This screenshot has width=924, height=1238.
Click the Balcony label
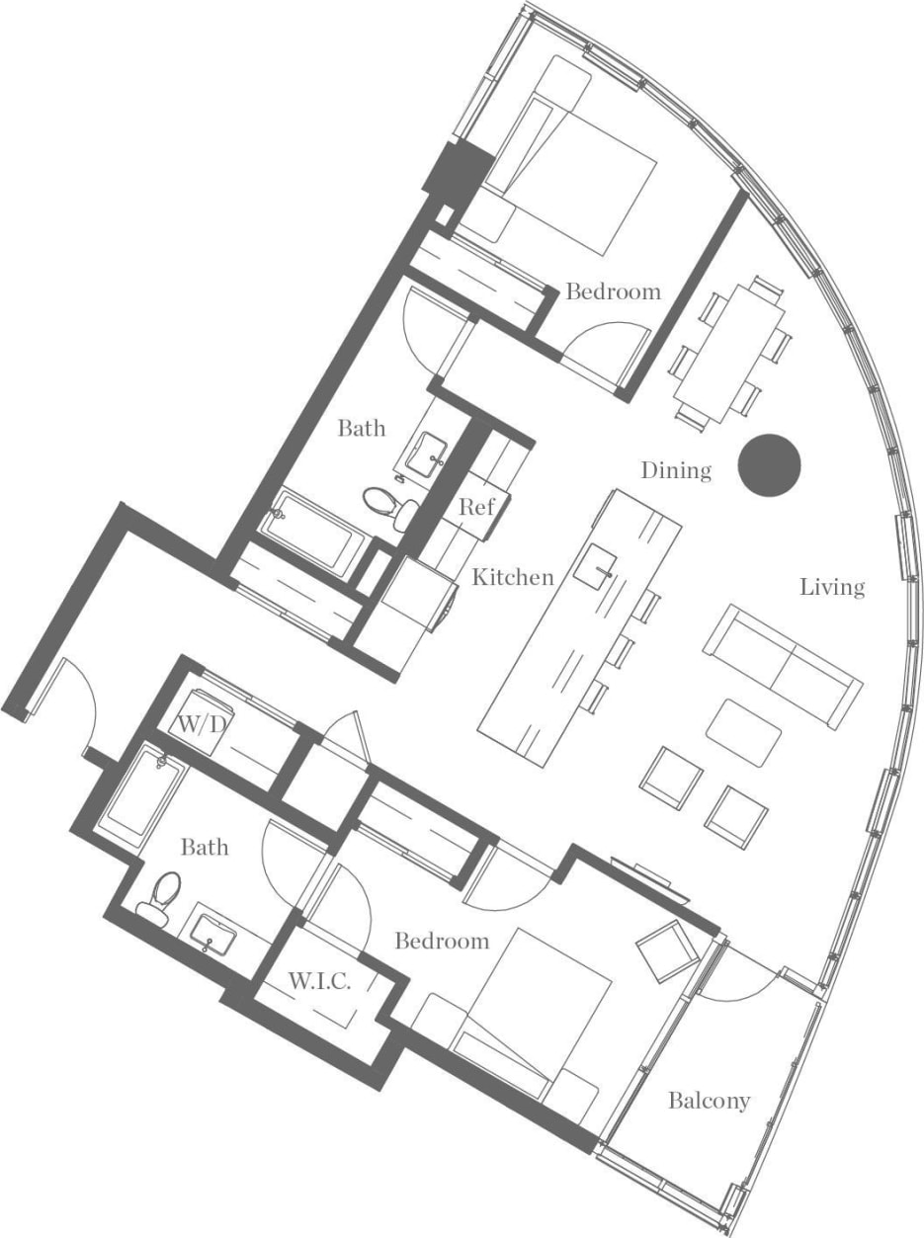tap(709, 1100)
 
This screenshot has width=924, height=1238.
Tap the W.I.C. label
tap(318, 981)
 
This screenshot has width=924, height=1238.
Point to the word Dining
tap(676, 470)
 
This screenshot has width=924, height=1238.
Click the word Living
tap(832, 587)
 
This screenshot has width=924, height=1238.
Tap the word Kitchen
tap(512, 577)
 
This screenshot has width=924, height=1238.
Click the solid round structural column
tap(770, 464)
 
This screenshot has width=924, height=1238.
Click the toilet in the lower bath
tap(162, 893)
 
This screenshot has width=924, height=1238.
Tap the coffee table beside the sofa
tap(744, 731)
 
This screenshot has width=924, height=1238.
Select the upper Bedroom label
tap(613, 291)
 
